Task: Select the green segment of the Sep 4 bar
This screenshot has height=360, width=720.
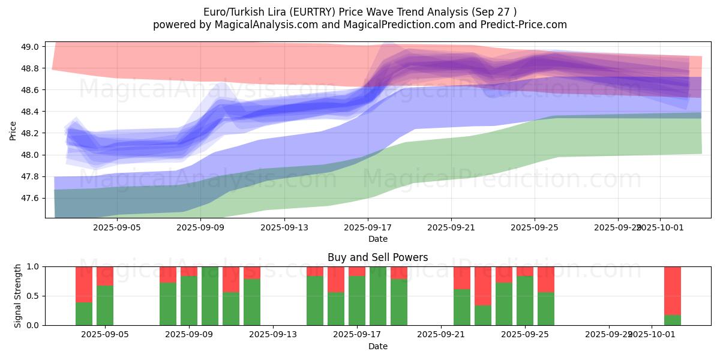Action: pyautogui.click(x=84, y=314)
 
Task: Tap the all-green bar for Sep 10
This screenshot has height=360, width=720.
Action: pyautogui.click(x=210, y=296)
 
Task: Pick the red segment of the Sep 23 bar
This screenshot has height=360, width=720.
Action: pyautogui.click(x=483, y=286)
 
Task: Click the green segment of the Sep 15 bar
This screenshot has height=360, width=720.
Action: pyautogui.click(x=315, y=300)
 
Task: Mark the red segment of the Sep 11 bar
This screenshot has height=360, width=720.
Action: pyautogui.click(x=231, y=279)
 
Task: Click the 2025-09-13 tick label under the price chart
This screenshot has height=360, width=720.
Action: pyautogui.click(x=284, y=228)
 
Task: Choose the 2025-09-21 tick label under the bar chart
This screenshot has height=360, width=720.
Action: pyautogui.click(x=441, y=335)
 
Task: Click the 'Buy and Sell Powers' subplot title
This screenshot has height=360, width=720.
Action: pyautogui.click(x=378, y=257)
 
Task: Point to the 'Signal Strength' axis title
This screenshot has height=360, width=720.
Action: pyautogui.click(x=18, y=296)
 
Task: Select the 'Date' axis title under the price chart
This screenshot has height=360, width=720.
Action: pyautogui.click(x=378, y=239)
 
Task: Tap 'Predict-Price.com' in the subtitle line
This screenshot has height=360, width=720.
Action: pyautogui.click(x=525, y=25)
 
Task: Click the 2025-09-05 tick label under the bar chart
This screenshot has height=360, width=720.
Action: pyautogui.click(x=105, y=335)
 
